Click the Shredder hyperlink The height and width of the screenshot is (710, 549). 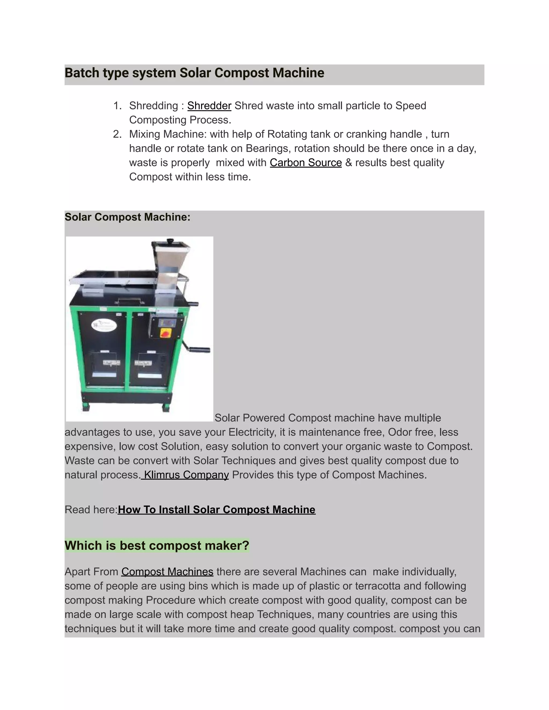(209, 106)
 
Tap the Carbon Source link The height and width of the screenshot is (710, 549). (306, 163)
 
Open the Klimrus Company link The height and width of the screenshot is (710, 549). (186, 475)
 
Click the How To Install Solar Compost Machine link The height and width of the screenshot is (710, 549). (217, 510)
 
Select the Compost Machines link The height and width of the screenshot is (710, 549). (167, 572)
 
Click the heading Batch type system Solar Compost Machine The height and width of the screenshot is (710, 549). (195, 73)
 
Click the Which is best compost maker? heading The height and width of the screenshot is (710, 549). (157, 545)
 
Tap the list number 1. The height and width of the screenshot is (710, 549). (117, 106)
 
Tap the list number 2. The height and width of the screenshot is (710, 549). (117, 134)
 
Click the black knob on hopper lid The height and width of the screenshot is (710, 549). (170, 241)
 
